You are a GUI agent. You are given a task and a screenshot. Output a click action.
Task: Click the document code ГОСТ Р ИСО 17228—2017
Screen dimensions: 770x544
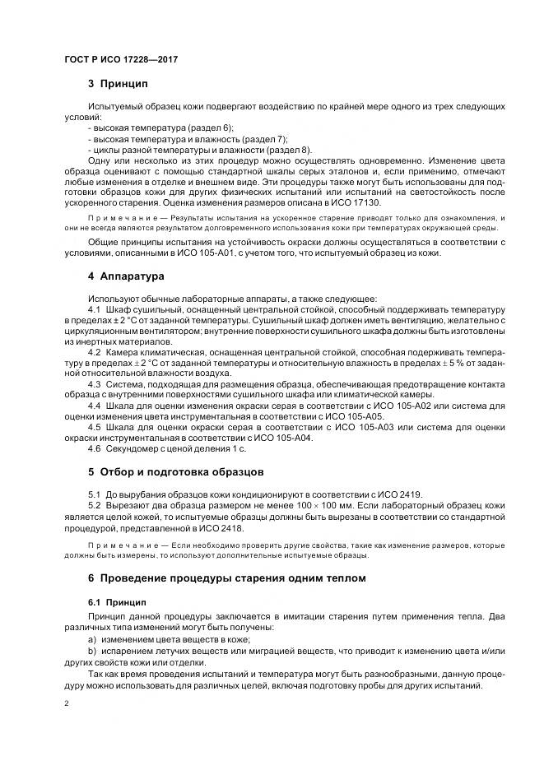(x=121, y=60)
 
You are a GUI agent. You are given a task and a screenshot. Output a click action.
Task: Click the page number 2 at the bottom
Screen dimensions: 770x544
(x=67, y=704)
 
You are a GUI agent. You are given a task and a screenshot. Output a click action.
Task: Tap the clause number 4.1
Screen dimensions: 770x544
(x=95, y=308)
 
